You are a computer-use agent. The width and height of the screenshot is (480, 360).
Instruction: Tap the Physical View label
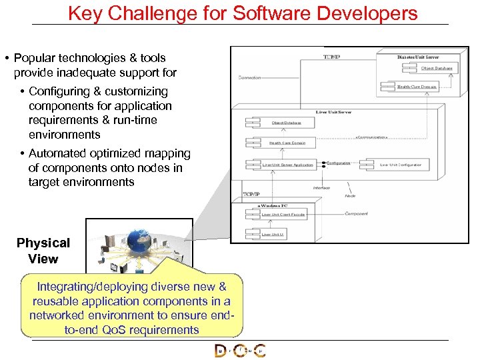(x=43, y=251)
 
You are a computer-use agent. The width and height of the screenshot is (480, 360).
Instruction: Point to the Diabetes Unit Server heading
(x=418, y=57)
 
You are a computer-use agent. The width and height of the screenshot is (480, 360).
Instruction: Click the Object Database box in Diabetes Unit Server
(x=437, y=68)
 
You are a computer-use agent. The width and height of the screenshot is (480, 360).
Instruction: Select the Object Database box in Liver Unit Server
(x=286, y=123)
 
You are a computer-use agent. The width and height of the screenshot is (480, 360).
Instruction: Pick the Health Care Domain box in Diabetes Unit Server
(x=417, y=87)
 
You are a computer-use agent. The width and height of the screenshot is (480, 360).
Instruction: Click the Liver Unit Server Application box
(x=287, y=165)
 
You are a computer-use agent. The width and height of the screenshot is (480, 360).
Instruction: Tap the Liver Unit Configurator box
(x=401, y=165)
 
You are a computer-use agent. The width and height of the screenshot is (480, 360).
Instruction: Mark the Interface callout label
(x=321, y=188)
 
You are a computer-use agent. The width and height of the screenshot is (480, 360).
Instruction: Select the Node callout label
(x=350, y=195)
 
